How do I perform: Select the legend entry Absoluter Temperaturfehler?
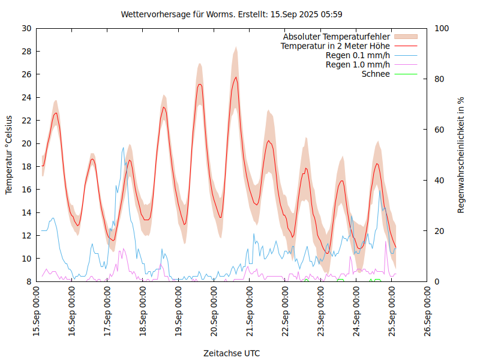(x=337, y=37)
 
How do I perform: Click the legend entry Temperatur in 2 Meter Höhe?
(x=335, y=46)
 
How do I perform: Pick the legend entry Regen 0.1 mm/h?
(x=358, y=55)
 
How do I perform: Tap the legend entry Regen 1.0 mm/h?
(x=358, y=65)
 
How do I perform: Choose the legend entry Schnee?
(x=376, y=74)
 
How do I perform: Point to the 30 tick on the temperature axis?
(x=26, y=28)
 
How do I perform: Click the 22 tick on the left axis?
(x=26, y=120)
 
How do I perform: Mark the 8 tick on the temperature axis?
(x=29, y=281)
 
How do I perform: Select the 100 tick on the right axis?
(x=442, y=28)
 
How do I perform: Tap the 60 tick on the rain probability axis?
(x=440, y=130)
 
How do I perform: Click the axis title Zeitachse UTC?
(x=232, y=353)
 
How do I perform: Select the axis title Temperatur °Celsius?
(x=9, y=155)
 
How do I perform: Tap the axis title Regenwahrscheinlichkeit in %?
(x=461, y=155)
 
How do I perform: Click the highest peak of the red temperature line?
(x=236, y=77)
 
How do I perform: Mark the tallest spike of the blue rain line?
(x=124, y=148)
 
